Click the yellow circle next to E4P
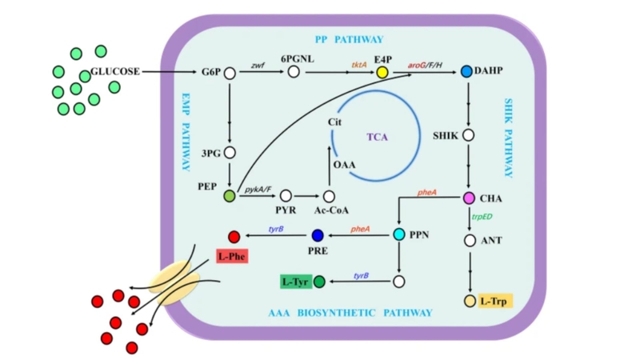coord(382,73)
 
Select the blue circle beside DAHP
coord(467,72)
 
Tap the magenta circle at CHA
coord(470,198)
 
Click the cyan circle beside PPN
coord(399,234)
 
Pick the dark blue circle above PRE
coord(318,235)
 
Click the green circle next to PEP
coord(230,196)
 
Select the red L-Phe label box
coord(232,257)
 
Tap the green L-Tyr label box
coord(295,281)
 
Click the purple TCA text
coord(377,137)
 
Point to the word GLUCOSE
coord(115,71)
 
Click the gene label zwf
coord(258,63)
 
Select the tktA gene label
coord(359,63)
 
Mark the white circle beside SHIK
coord(469,135)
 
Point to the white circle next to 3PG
coord(230,152)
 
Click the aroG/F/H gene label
coord(429,63)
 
